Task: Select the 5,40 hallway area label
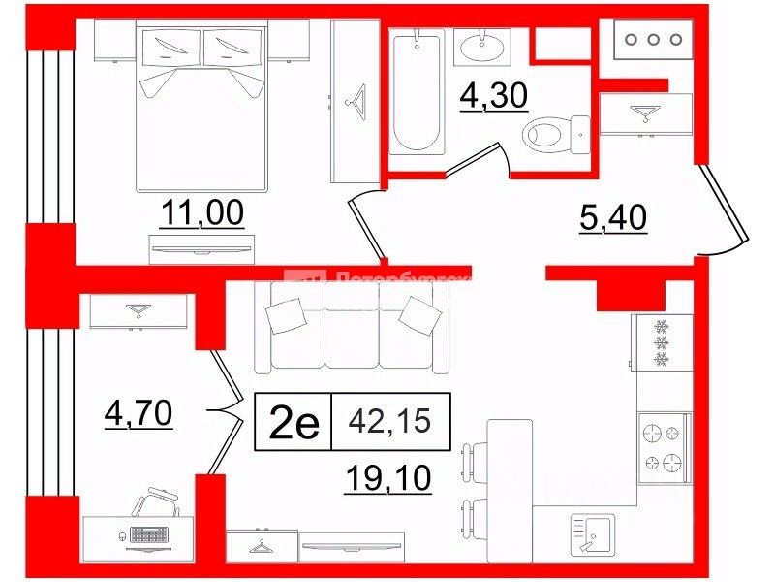[612, 219]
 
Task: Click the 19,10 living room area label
[387, 476]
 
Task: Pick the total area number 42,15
[391, 422]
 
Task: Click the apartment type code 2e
[293, 424]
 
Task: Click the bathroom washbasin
[481, 45]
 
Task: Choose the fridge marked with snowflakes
[663, 344]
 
